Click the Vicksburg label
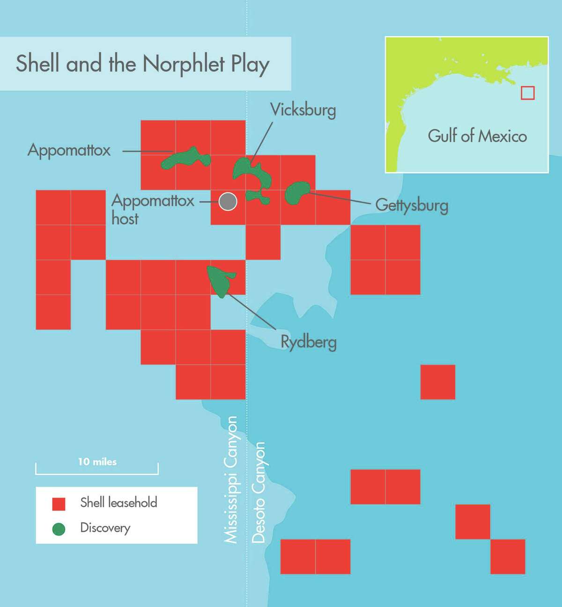pyautogui.click(x=303, y=110)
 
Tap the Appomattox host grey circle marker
pyautogui.click(x=228, y=202)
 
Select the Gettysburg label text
pyautogui.click(x=412, y=205)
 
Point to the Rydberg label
pyautogui.click(x=308, y=342)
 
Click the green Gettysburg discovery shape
pyautogui.click(x=296, y=192)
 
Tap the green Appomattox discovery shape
pyautogui.click(x=185, y=159)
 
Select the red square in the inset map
pyautogui.click(x=527, y=93)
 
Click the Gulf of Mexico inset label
pyautogui.click(x=477, y=136)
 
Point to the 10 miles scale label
pyautogui.click(x=97, y=462)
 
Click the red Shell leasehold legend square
pyautogui.click(x=59, y=504)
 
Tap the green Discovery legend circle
pyautogui.click(x=59, y=529)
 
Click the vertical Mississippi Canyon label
pyautogui.click(x=231, y=479)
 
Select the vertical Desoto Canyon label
pyautogui.click(x=258, y=492)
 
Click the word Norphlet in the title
pyautogui.click(x=183, y=64)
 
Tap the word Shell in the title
pyautogui.click(x=37, y=63)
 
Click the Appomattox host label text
pyautogui.click(x=152, y=209)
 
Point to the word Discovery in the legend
pyautogui.click(x=105, y=528)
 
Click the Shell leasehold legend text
pyautogui.click(x=118, y=503)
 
